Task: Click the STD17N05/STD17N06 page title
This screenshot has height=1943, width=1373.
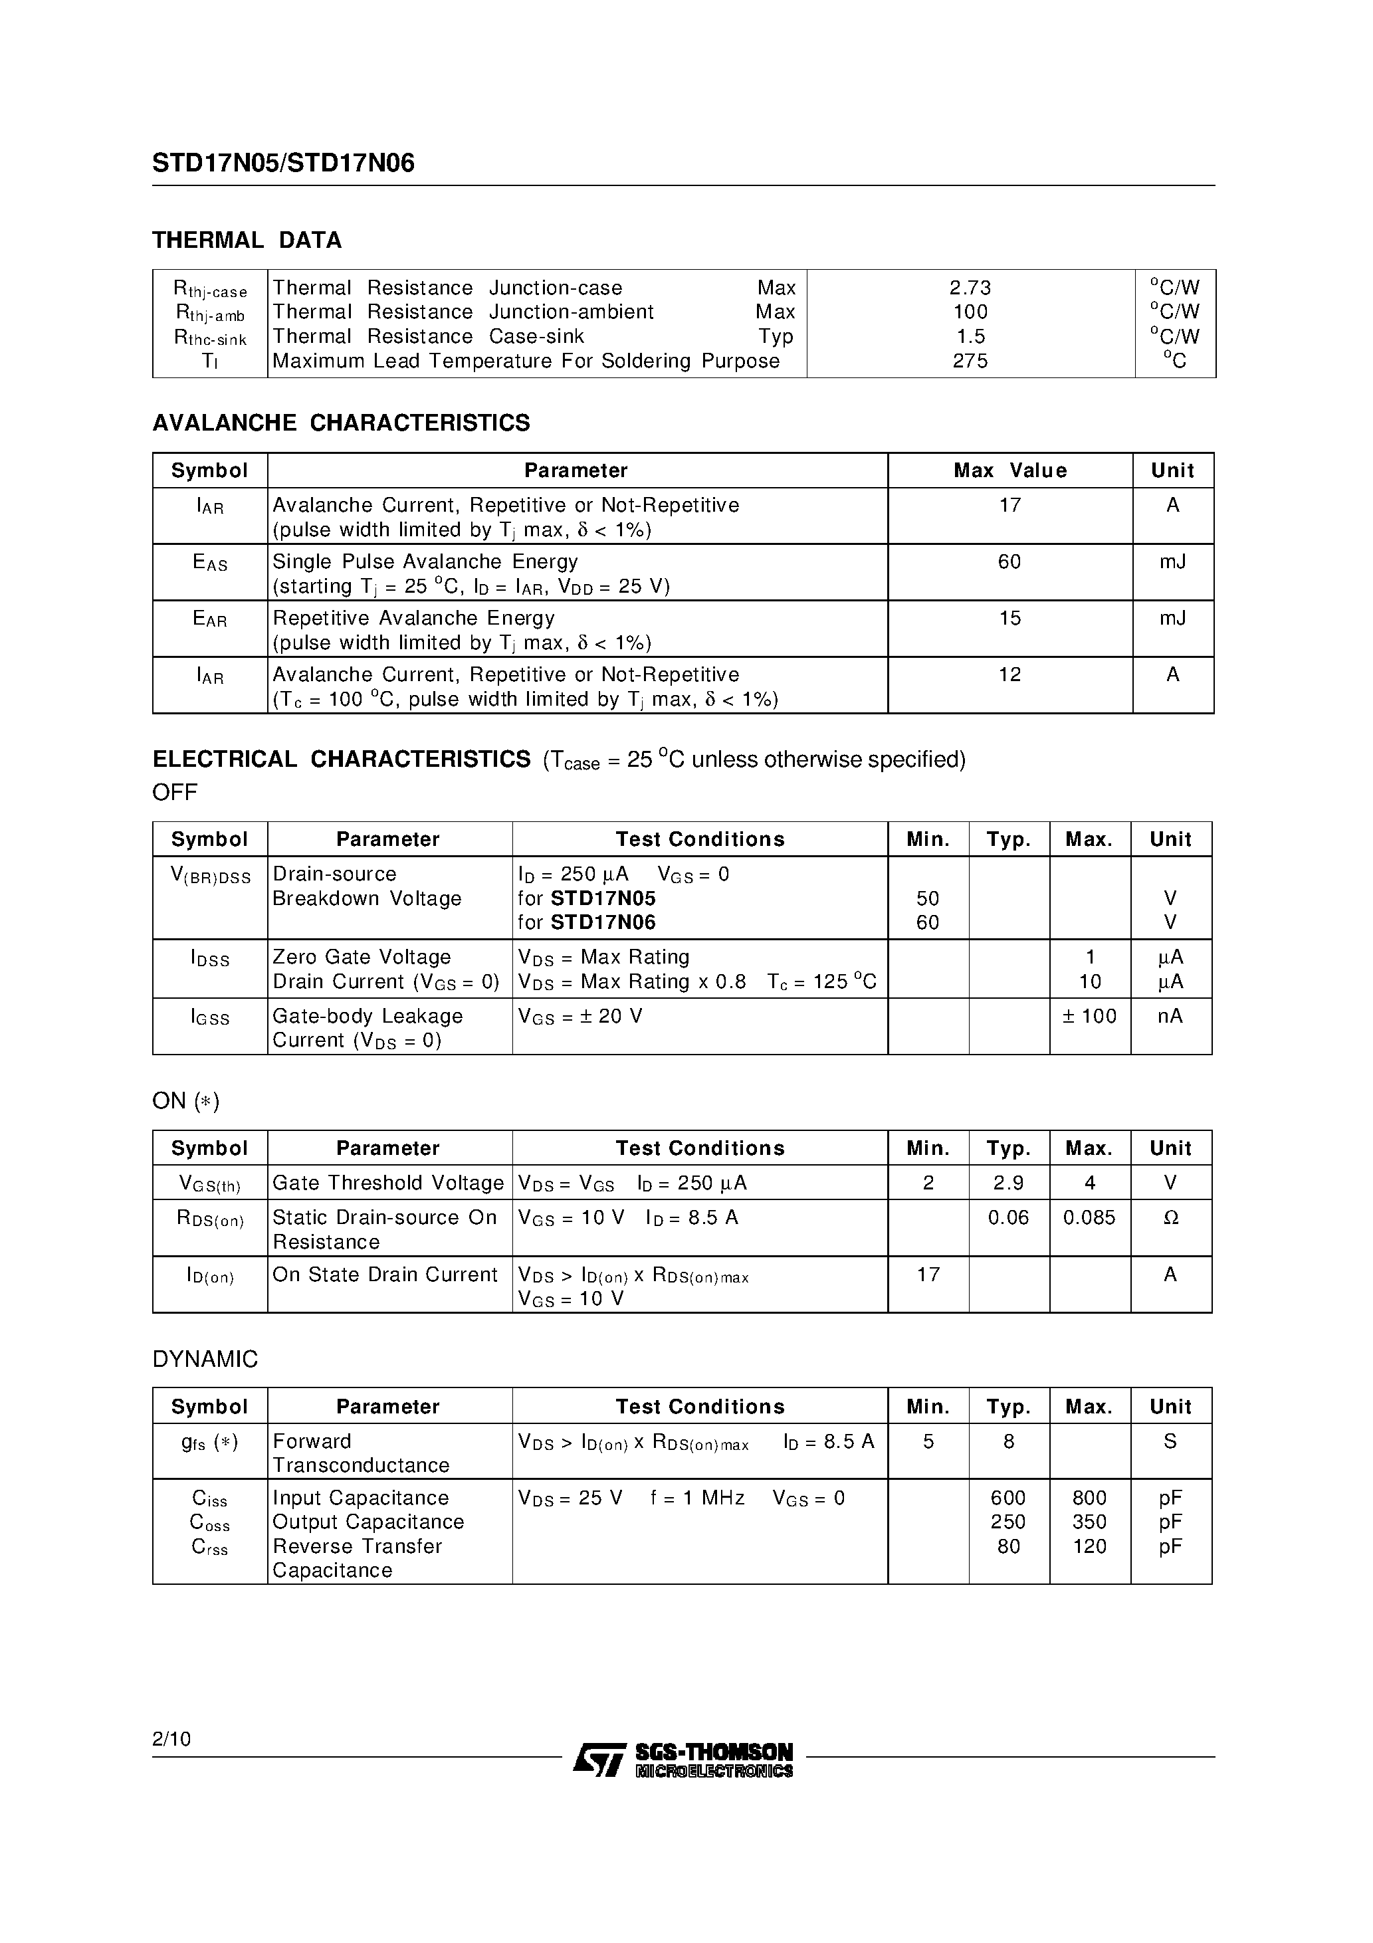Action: click(x=284, y=163)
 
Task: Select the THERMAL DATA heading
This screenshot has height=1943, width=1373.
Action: click(x=247, y=241)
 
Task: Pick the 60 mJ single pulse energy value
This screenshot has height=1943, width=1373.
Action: click(x=1009, y=562)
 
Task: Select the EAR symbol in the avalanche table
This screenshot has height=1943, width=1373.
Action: click(x=210, y=619)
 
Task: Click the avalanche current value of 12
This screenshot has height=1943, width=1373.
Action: click(x=1009, y=675)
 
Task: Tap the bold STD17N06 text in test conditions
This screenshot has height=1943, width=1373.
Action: click(x=603, y=922)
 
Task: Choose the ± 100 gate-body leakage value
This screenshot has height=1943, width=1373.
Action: click(x=1089, y=1016)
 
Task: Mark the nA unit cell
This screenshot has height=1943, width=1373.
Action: click(x=1170, y=1016)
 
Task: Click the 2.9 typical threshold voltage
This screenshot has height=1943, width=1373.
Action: click(x=1008, y=1183)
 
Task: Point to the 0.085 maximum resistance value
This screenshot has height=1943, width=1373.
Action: click(x=1089, y=1218)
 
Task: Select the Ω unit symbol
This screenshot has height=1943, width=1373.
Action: click(x=1171, y=1218)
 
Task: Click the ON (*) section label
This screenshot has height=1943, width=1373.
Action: click(x=185, y=1101)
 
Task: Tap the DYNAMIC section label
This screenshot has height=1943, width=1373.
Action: click(x=205, y=1359)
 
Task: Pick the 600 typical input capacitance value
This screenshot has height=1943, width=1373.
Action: click(x=1008, y=1498)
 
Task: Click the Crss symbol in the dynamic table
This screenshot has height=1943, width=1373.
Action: click(x=210, y=1547)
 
